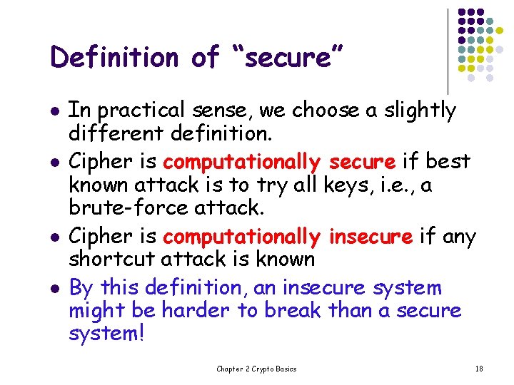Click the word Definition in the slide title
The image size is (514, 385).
pos(114,58)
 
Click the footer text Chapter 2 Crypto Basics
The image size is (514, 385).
pos(256,369)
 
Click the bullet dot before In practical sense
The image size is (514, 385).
pos(54,111)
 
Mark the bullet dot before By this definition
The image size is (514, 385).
pos(54,288)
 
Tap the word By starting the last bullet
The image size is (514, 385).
pos(81,288)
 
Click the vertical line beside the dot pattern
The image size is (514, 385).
pos(447,50)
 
